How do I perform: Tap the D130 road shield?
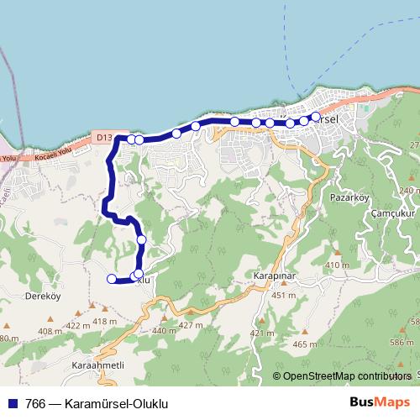point(103,135)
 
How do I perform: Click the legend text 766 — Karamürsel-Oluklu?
point(97,402)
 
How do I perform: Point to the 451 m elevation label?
point(283,295)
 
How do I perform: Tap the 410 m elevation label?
point(336,265)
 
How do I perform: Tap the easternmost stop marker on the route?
point(316,117)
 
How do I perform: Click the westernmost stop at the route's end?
point(112,279)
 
